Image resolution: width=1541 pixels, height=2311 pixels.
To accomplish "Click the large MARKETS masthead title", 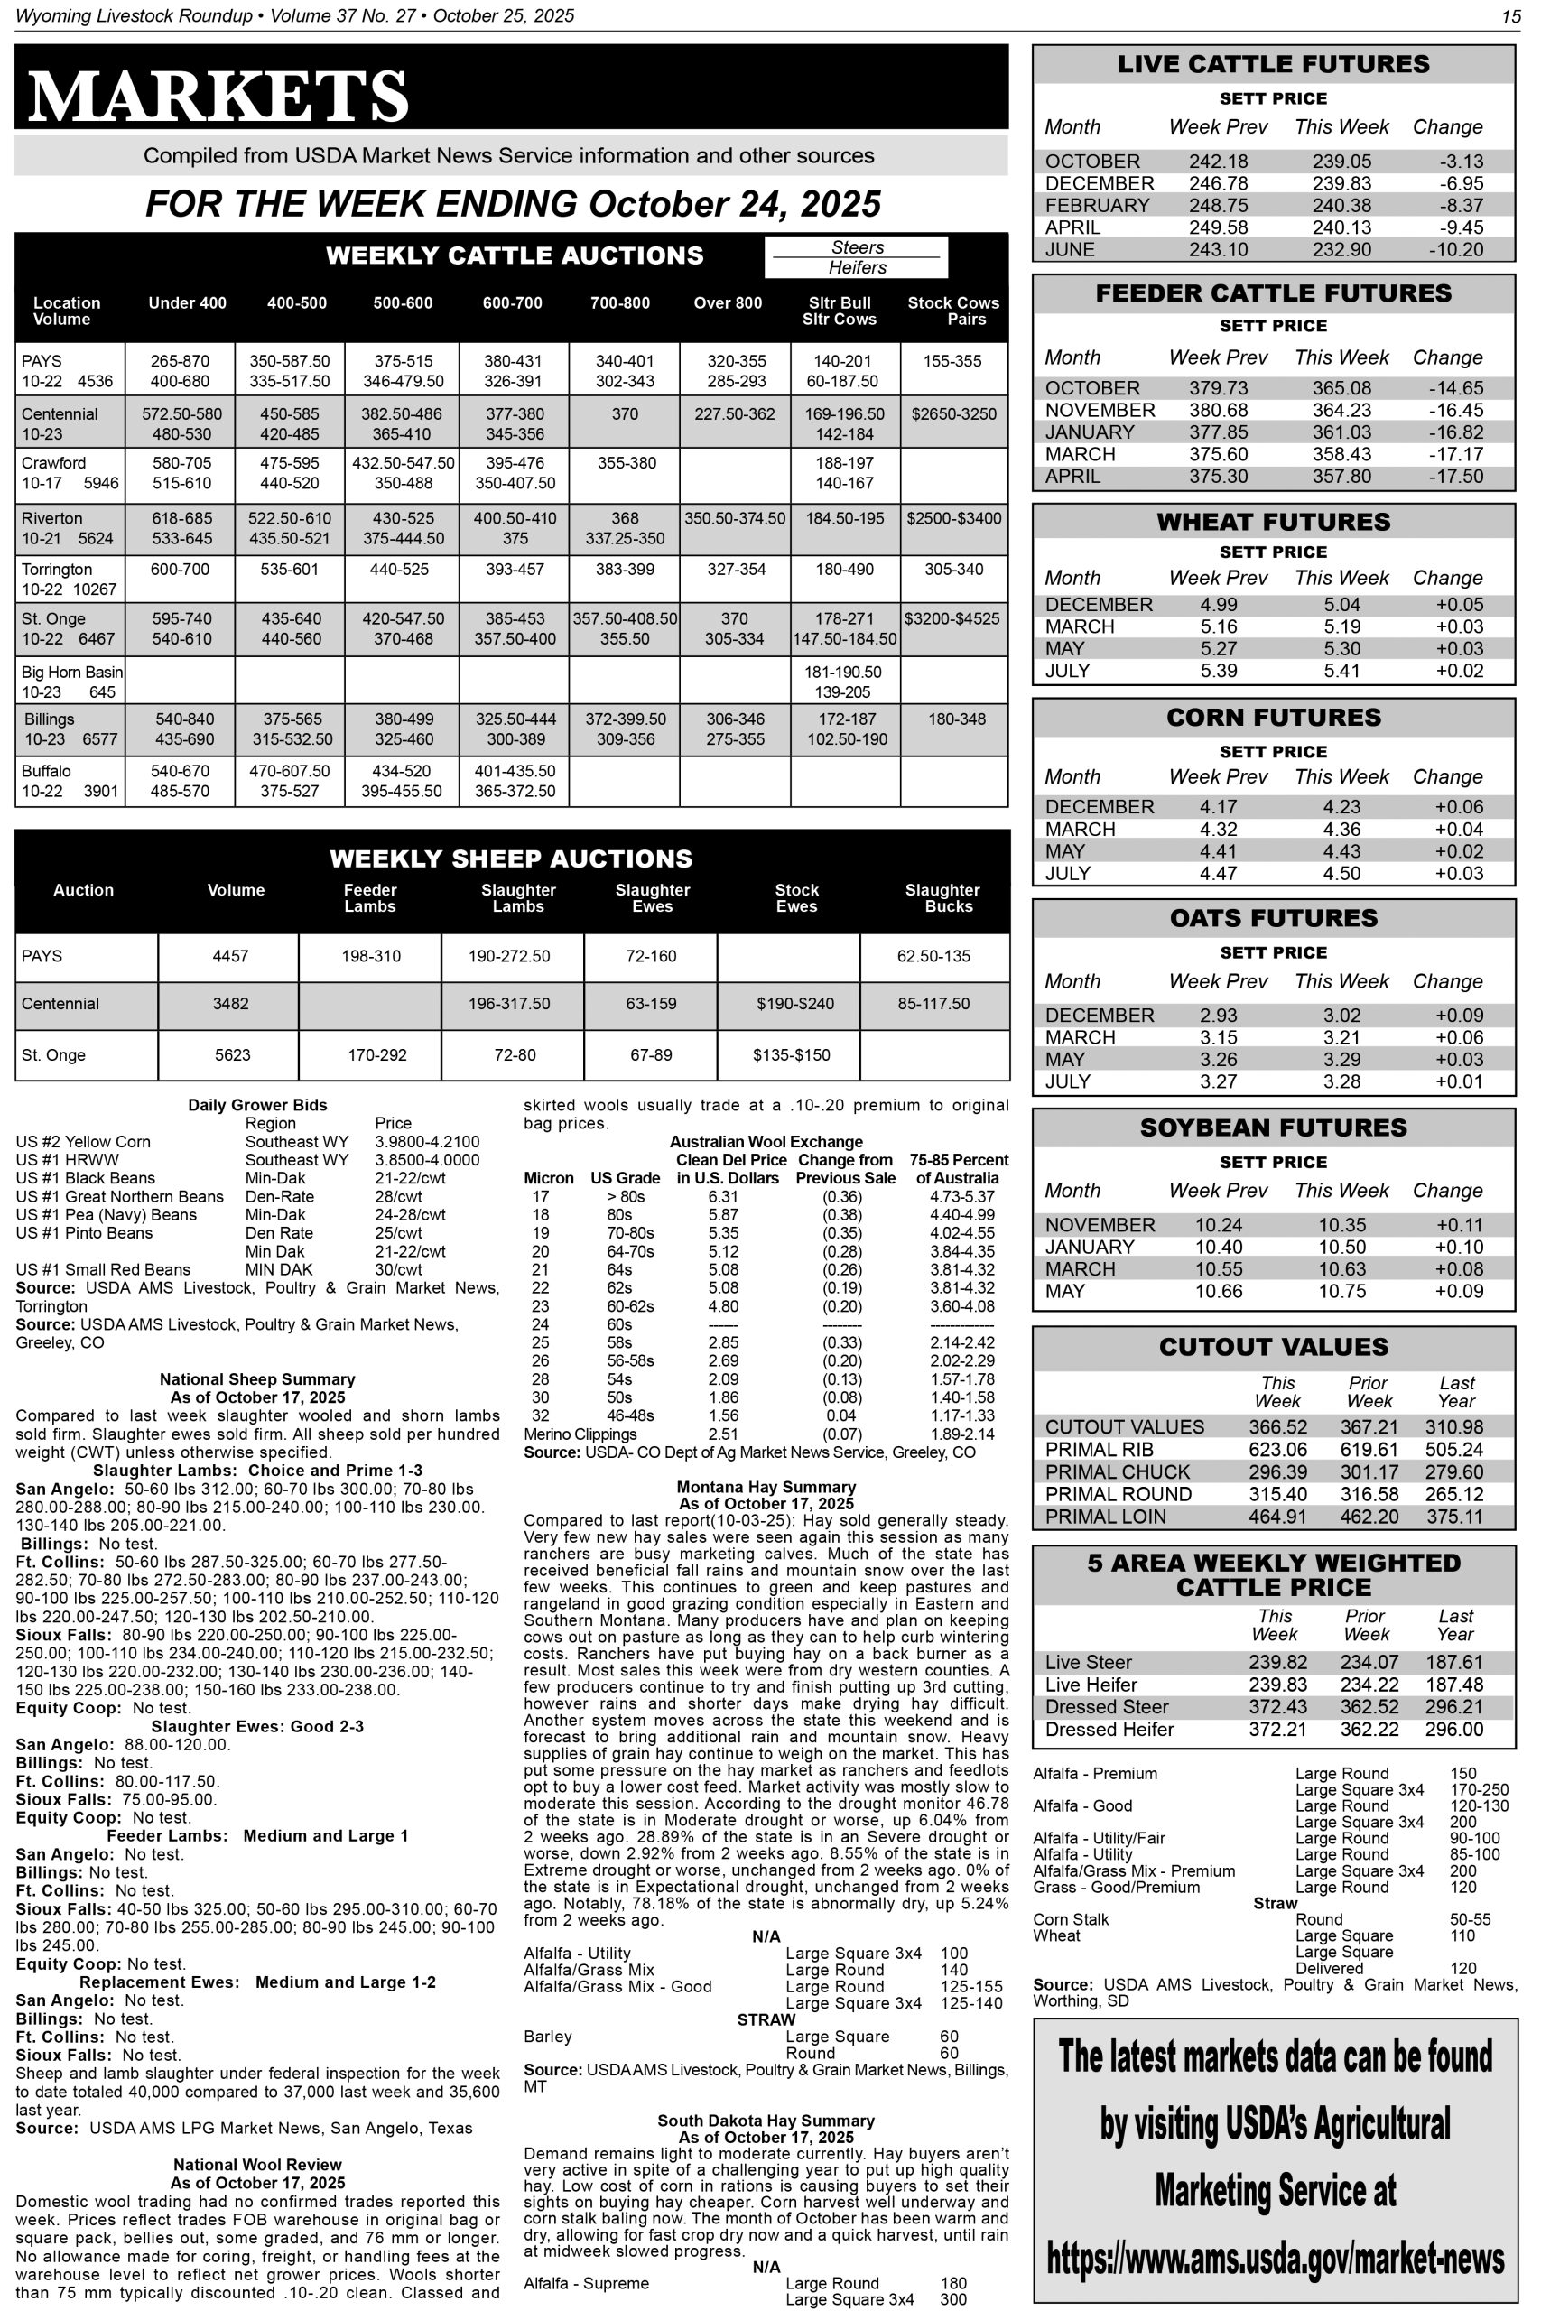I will [218, 97].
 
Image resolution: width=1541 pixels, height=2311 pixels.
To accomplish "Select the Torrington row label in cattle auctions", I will [57, 570].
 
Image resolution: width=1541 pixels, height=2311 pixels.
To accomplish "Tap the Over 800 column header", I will [728, 303].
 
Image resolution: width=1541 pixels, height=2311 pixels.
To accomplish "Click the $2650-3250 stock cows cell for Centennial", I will [953, 414].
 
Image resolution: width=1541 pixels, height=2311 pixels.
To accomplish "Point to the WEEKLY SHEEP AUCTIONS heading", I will [511, 859].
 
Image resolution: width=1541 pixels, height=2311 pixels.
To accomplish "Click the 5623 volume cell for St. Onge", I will [233, 1055].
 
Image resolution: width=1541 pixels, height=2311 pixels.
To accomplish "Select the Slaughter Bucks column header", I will [942, 898].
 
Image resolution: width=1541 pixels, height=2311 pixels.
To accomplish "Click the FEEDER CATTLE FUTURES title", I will [1274, 293].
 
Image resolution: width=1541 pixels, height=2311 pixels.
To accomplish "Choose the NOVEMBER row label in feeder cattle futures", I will [1100, 411].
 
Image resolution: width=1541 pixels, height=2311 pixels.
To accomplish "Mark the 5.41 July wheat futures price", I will [1341, 671].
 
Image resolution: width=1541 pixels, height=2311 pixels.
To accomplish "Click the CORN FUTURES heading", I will [1274, 718].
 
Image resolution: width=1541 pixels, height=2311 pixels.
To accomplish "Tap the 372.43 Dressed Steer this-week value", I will [1276, 1708].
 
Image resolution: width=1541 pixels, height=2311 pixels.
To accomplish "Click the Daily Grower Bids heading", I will [257, 1105].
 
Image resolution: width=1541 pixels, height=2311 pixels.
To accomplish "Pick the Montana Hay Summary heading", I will [766, 1488].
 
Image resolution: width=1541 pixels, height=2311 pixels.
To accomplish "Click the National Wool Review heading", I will [257, 2165].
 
